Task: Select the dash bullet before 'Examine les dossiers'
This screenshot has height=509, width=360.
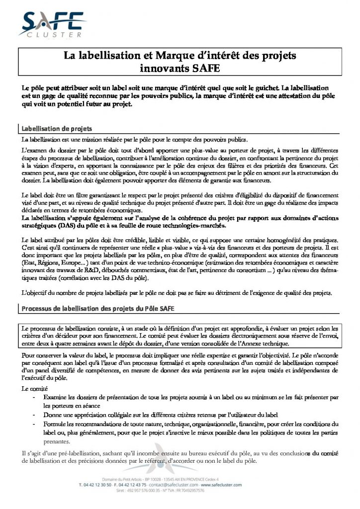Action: [x=34, y=398]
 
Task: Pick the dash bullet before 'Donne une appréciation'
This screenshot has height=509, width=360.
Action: [x=34, y=414]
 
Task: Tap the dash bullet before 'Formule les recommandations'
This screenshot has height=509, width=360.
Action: [x=34, y=424]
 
